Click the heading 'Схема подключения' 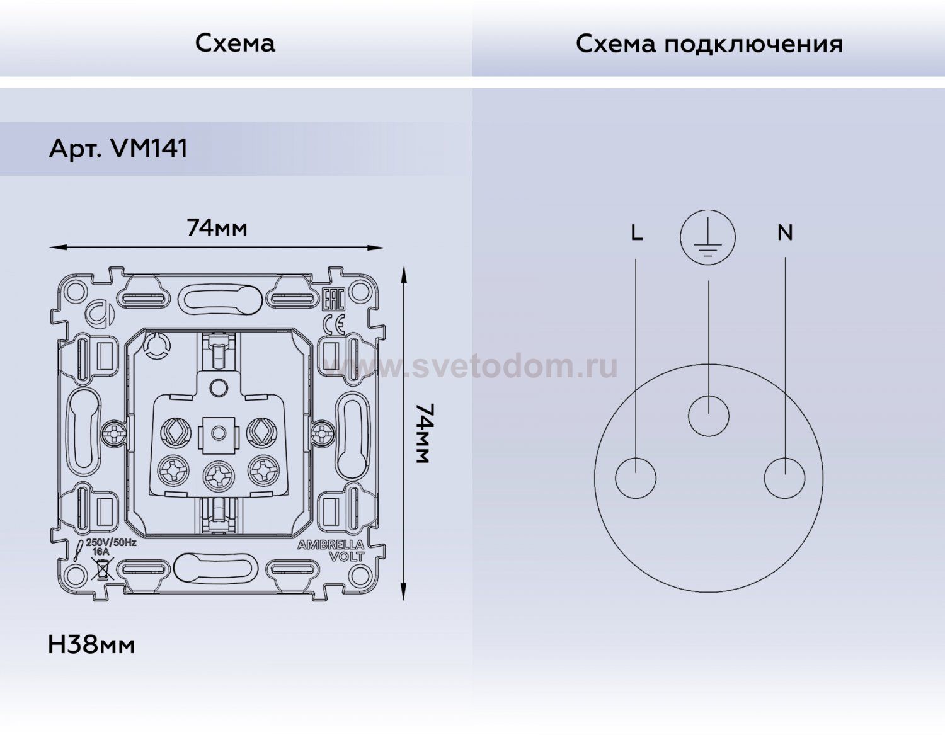tap(709, 44)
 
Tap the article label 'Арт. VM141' tap(118, 149)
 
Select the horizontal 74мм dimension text tap(217, 227)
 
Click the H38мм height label tap(91, 645)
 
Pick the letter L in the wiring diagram tap(636, 233)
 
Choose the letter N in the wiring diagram tap(784, 233)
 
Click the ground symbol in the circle tap(708, 237)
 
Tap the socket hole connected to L tap(635, 478)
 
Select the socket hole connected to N tap(784, 478)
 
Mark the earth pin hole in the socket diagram tap(709, 416)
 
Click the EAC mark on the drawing tap(333, 299)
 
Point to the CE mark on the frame tap(333, 324)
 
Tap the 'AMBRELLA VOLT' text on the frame tap(331, 550)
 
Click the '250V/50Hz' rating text tap(111, 542)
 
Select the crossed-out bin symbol tap(101, 569)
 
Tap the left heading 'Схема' tap(235, 43)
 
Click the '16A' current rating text tap(101, 552)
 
